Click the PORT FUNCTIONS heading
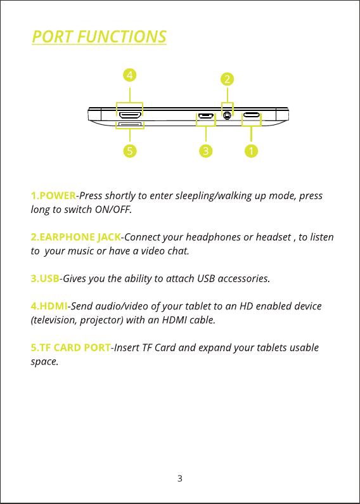coord(100,36)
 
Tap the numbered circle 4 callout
coord(130,75)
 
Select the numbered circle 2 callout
coord(228,79)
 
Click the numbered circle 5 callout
coord(130,150)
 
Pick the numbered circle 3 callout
coord(206,150)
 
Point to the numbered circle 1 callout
coord(251,150)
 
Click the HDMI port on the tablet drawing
coord(129,114)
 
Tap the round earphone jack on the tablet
coord(228,115)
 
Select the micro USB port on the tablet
coord(206,115)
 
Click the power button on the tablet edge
coord(252,114)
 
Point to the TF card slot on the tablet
coord(130,124)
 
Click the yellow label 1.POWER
coord(53,195)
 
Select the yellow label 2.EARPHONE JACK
coord(76,237)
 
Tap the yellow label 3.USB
coord(45,278)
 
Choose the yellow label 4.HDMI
coord(49,306)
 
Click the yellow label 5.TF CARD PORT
coord(71,348)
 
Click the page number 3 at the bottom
coord(180,479)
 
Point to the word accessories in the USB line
coord(244,279)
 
